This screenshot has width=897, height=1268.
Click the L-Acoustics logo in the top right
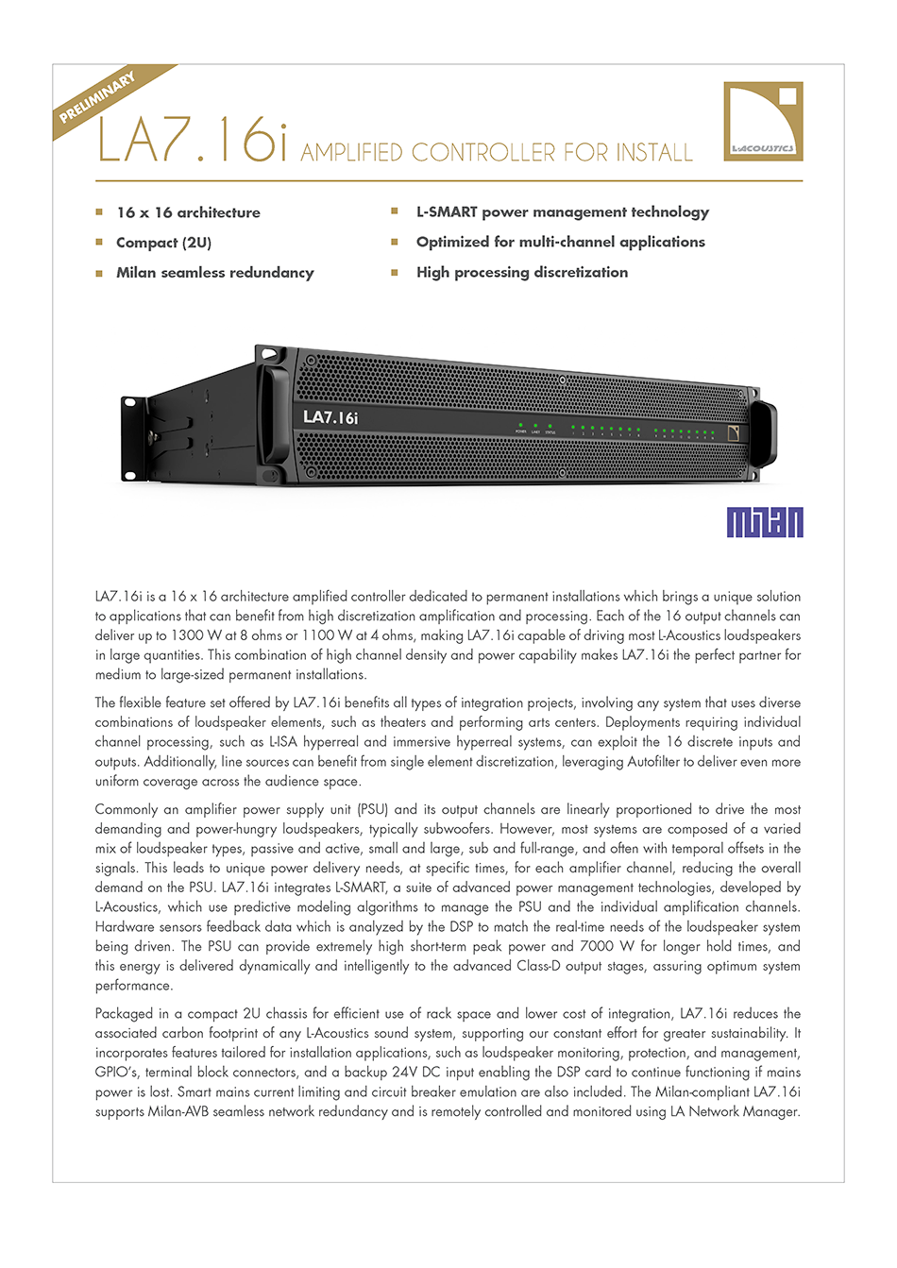pyautogui.click(x=763, y=121)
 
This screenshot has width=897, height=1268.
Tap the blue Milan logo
pyautogui.click(x=765, y=522)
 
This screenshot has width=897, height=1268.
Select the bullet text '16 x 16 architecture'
pyautogui.click(x=188, y=212)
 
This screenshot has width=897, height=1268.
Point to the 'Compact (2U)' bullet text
pyautogui.click(x=163, y=243)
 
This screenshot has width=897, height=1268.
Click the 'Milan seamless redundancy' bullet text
pyautogui.click(x=214, y=273)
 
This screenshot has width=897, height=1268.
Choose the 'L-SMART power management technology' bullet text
pyautogui.click(x=562, y=212)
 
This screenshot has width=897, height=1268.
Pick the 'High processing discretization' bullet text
pyautogui.click(x=521, y=273)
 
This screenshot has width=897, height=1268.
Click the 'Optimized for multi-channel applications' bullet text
pyautogui.click(x=560, y=243)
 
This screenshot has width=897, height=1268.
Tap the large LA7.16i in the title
pyautogui.click(x=192, y=140)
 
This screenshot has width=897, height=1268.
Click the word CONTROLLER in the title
pyautogui.click(x=483, y=153)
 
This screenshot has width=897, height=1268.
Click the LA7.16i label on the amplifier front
pyautogui.click(x=330, y=417)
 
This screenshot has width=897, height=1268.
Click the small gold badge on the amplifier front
pyautogui.click(x=736, y=432)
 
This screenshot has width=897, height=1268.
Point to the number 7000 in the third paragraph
pyautogui.click(x=598, y=946)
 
